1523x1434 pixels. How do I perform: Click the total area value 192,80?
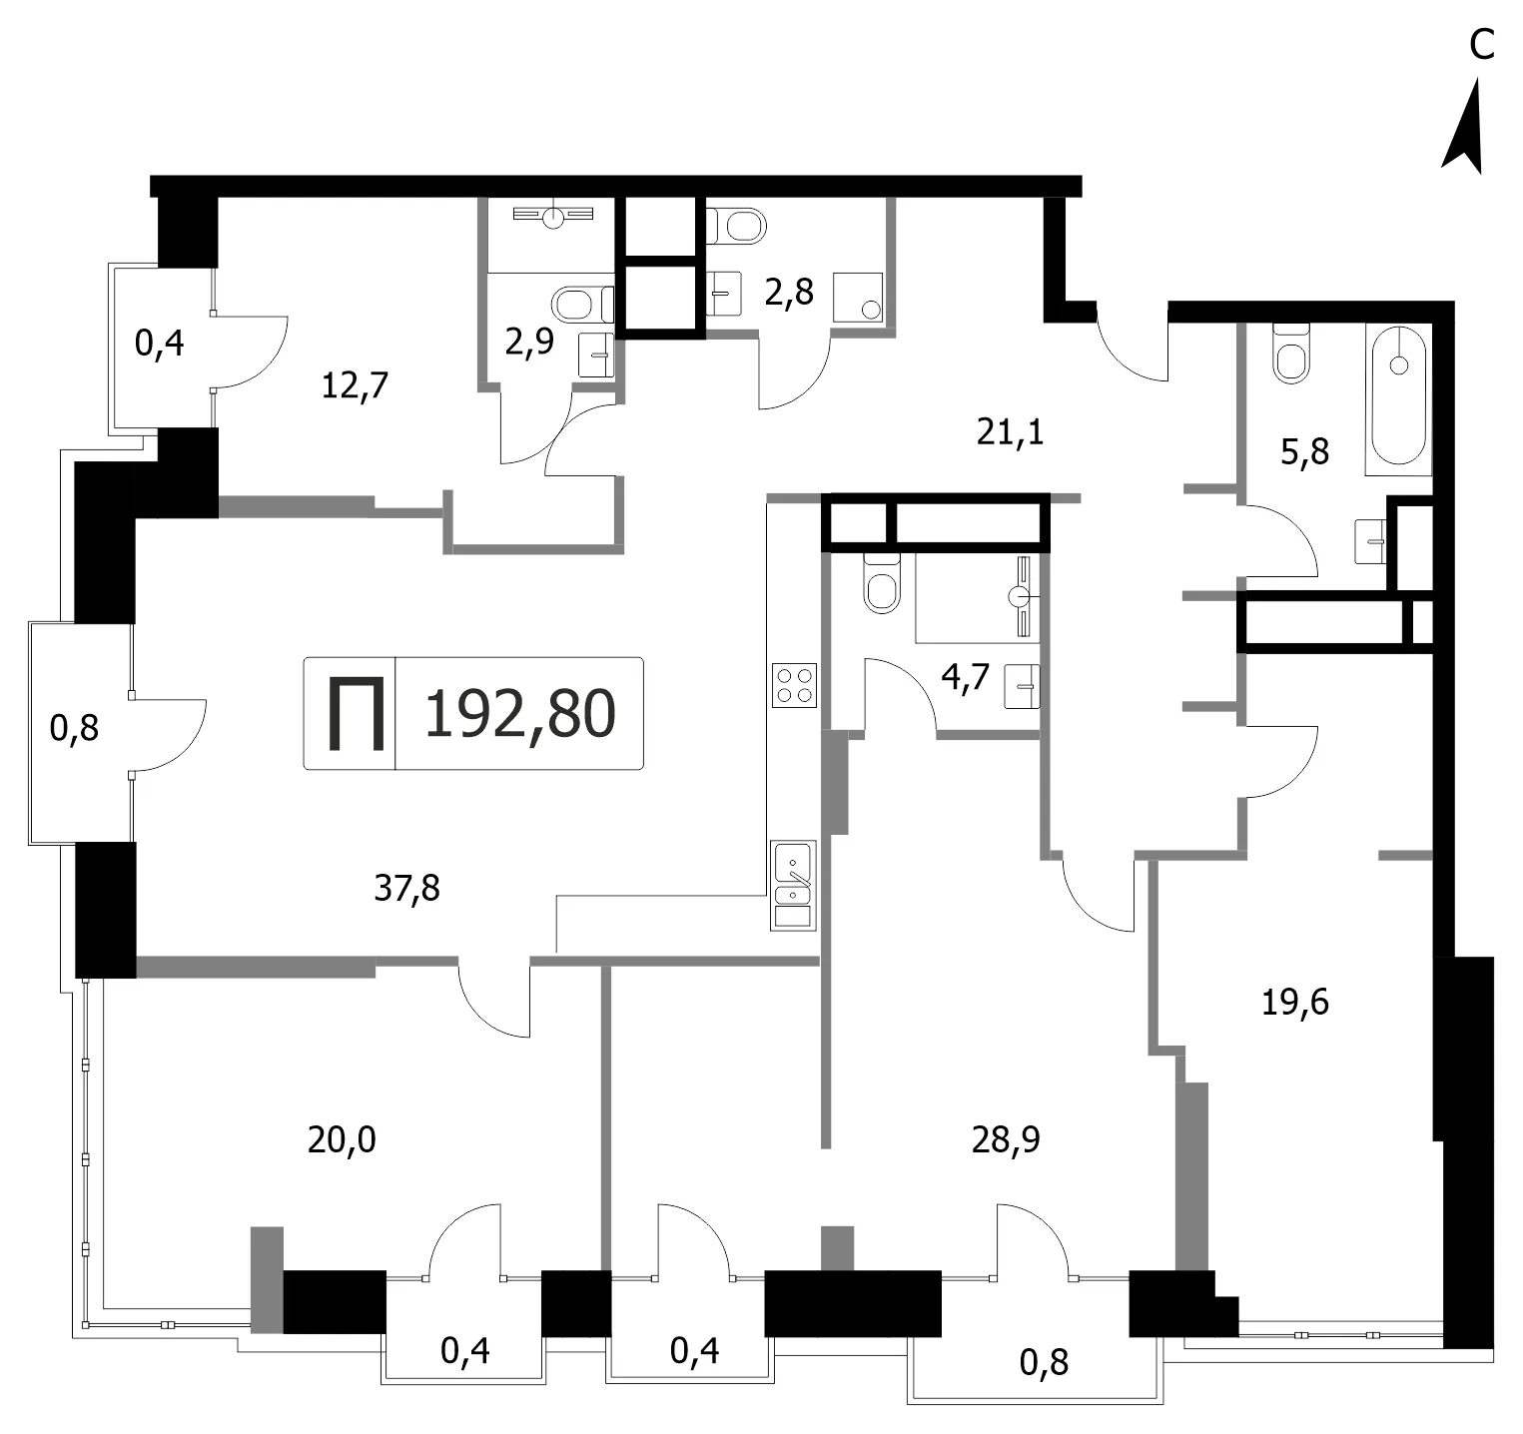pyautogui.click(x=520, y=715)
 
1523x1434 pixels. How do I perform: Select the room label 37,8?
pyautogui.click(x=406, y=887)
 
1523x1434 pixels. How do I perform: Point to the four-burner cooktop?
pyautogui.click(x=794, y=685)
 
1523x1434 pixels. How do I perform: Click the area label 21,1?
pyautogui.click(x=1010, y=433)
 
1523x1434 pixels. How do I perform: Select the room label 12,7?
pyautogui.click(x=355, y=384)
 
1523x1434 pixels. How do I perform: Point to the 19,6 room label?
pyautogui.click(x=1295, y=1002)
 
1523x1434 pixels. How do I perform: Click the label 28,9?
pyautogui.click(x=1006, y=1139)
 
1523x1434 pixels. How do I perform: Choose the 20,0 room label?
pyautogui.click(x=342, y=1139)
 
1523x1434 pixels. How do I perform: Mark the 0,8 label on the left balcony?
pyautogui.click(x=75, y=727)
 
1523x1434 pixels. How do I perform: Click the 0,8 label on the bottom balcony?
pyautogui.click(x=1044, y=1361)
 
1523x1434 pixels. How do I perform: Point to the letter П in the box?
pyautogui.click(x=357, y=714)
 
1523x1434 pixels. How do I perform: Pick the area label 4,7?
pyautogui.click(x=966, y=677)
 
